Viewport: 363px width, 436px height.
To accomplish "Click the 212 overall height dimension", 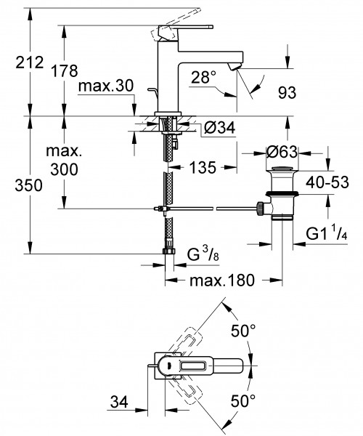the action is pos(30,62).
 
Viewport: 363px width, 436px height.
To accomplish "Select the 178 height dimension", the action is pos(65,71).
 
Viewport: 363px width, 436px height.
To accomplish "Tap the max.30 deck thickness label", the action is pos(106,86).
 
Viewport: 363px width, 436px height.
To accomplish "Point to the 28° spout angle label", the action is pos(203,77).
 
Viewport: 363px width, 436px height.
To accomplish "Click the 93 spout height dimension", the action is pos(287,92).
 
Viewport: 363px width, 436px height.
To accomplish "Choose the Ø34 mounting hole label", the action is pos(219,128).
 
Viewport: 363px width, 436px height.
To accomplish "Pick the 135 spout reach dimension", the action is pos(203,167).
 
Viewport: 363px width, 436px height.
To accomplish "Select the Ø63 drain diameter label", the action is pos(282,152).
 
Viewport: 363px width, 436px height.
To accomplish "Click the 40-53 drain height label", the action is pos(327,182).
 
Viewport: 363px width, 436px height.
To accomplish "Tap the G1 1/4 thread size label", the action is pos(327,234).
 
